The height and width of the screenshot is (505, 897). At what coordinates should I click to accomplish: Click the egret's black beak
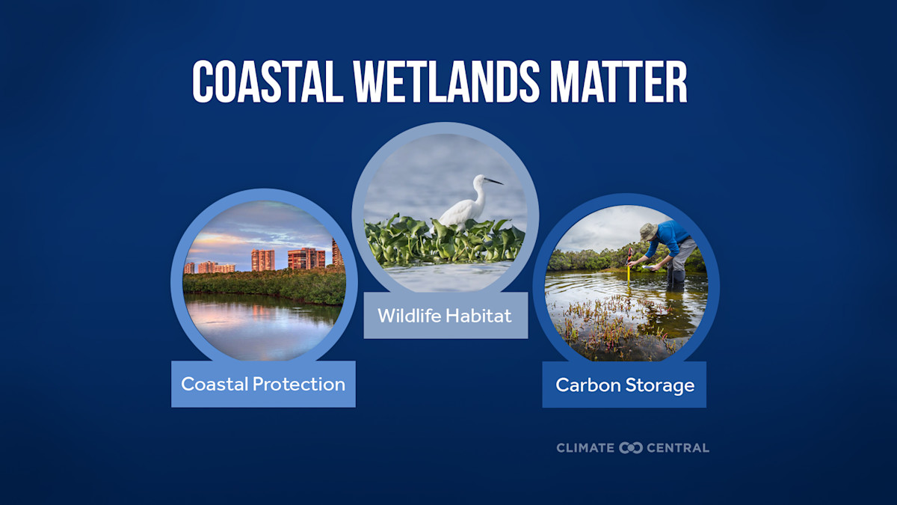[x=493, y=180]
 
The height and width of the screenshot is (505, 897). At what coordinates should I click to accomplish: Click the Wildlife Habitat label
[x=445, y=316]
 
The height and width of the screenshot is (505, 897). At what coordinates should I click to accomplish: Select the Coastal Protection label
[x=263, y=385]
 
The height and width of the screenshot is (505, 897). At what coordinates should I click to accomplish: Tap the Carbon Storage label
[x=624, y=385]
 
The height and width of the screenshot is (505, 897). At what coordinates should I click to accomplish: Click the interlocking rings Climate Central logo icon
[x=631, y=447]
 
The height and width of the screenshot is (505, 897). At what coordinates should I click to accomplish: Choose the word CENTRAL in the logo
[x=676, y=447]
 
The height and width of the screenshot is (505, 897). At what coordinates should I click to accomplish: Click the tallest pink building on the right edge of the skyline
[x=336, y=253]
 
